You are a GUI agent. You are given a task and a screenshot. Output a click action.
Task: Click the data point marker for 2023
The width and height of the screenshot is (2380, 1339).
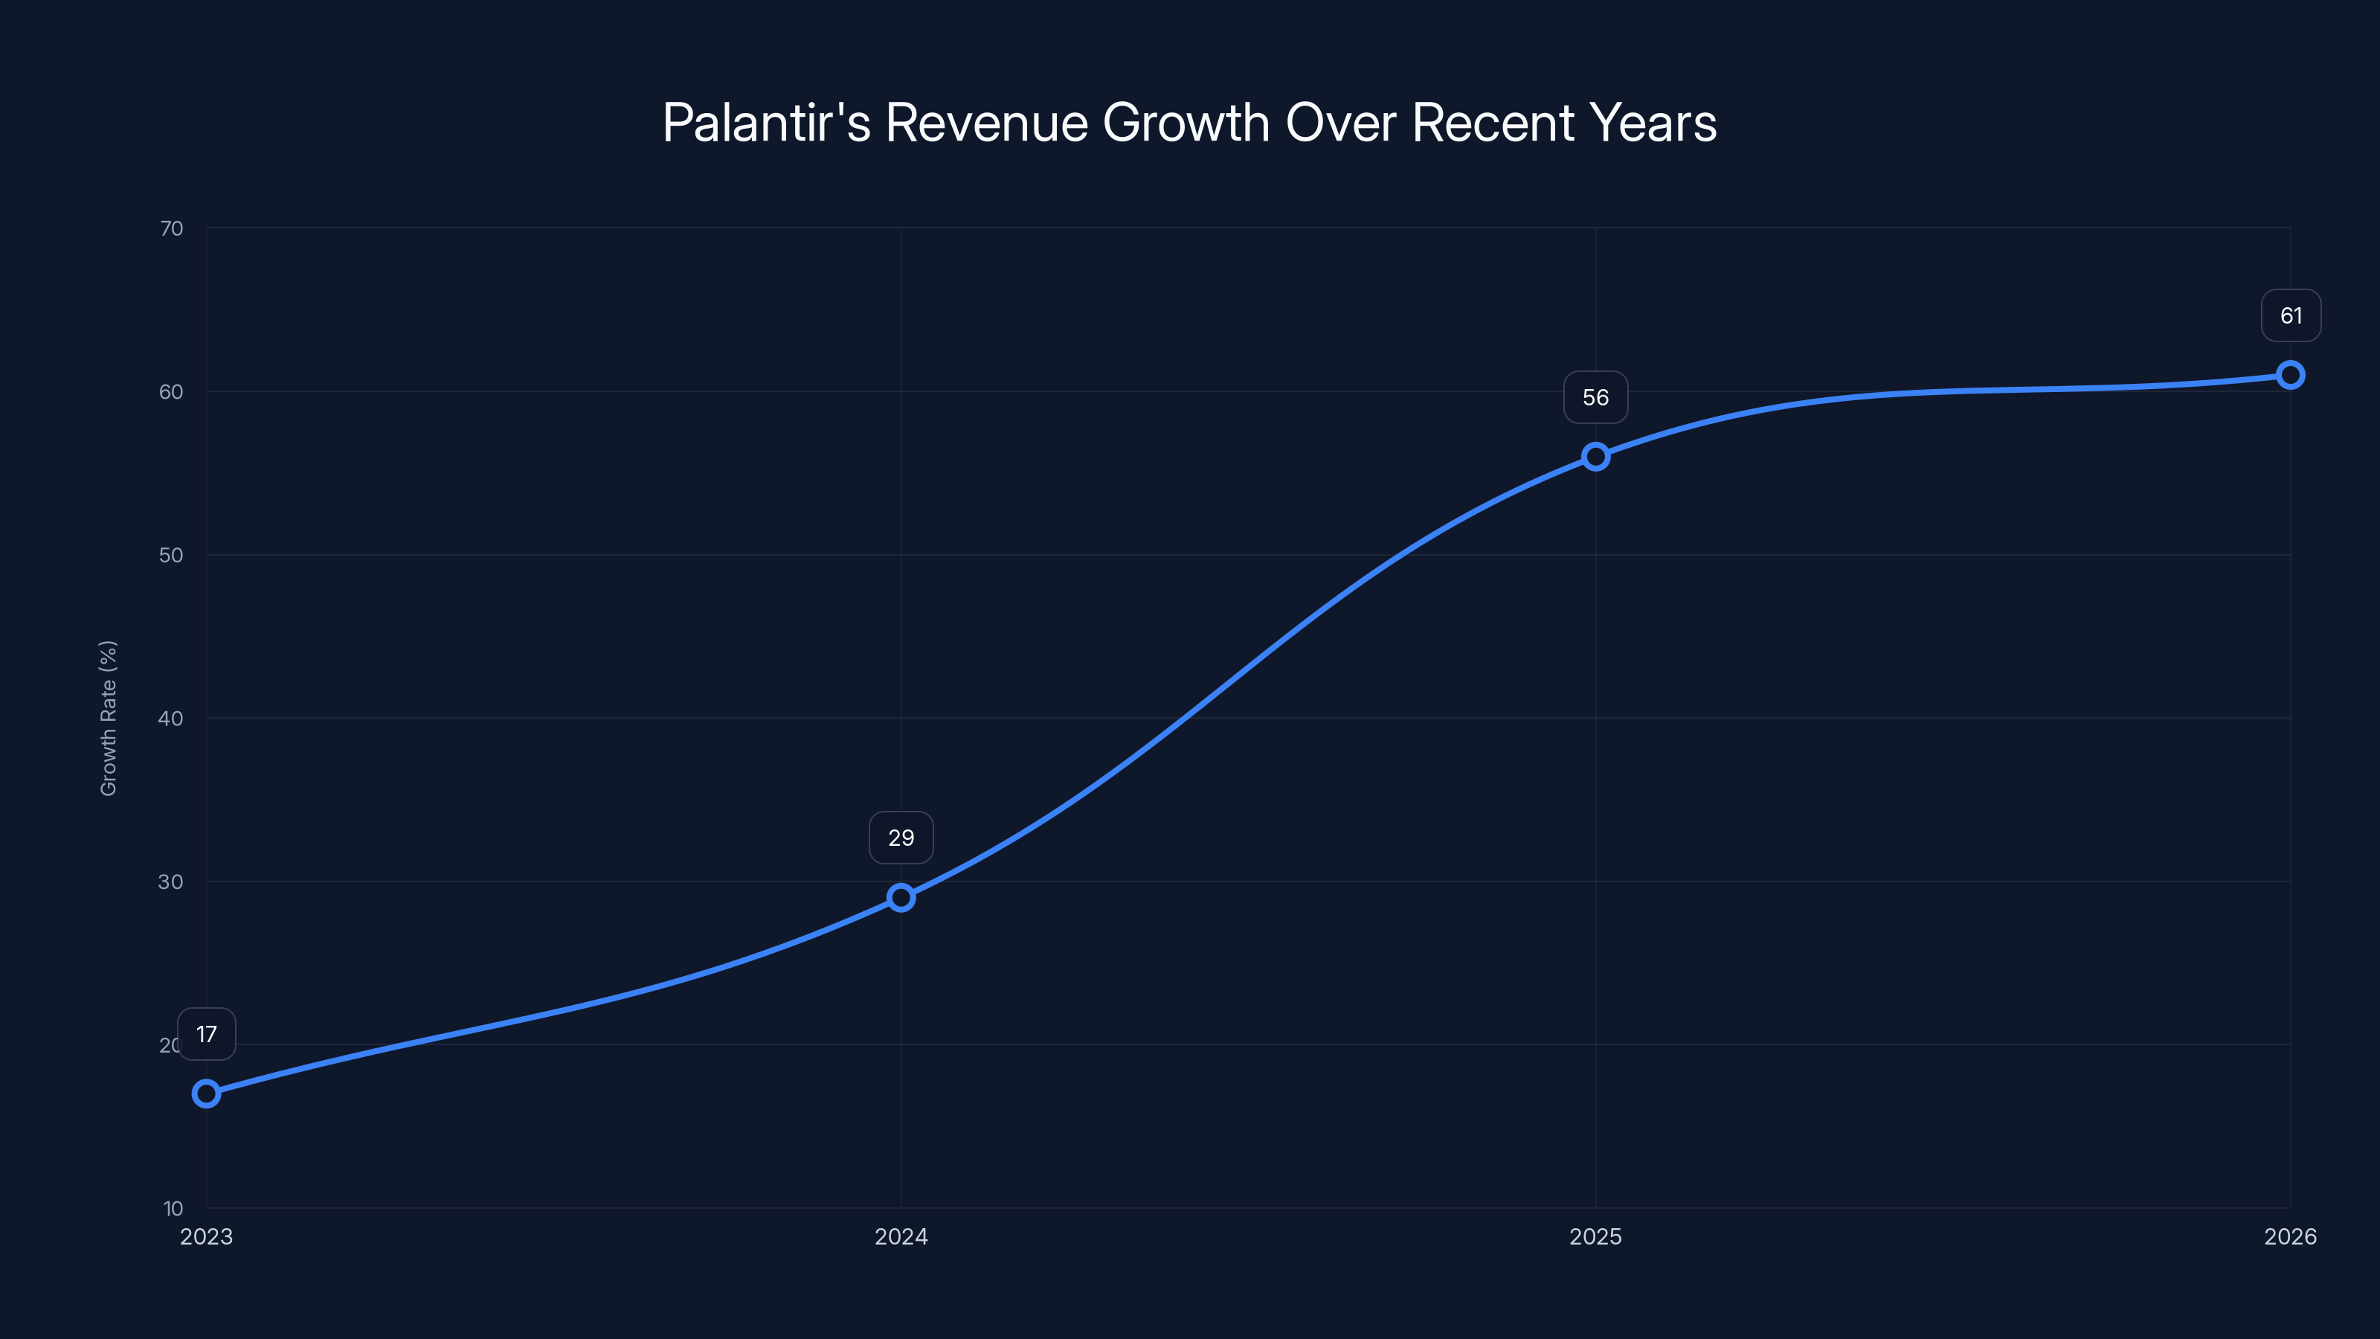[x=206, y=1094]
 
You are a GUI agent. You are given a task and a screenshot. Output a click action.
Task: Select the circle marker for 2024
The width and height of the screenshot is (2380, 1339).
[x=901, y=897]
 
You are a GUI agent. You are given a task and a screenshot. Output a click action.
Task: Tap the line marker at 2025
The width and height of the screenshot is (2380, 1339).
[x=1595, y=457]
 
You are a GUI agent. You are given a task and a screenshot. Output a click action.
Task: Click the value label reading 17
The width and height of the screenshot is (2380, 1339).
[x=206, y=1034]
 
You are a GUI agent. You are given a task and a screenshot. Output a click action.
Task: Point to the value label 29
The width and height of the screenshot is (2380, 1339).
[x=901, y=838]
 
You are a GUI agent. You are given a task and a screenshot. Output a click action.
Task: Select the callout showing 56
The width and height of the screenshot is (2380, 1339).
[x=1595, y=397]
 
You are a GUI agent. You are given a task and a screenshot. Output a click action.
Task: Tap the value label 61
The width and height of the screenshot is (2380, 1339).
[x=2291, y=316]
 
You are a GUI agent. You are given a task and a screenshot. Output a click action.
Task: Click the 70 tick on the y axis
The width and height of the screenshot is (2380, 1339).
[x=171, y=228]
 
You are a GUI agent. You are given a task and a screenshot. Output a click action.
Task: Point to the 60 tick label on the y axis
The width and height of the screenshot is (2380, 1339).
[x=171, y=392]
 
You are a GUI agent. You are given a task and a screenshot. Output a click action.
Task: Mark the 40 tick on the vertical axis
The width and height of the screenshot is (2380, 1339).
[x=171, y=718]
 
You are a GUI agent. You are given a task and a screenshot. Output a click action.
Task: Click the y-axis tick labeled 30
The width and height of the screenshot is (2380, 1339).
[x=171, y=882]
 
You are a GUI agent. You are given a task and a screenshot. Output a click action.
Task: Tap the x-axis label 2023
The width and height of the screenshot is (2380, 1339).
[x=206, y=1236]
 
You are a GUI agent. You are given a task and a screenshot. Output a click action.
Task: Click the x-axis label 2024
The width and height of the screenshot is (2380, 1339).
[x=901, y=1236]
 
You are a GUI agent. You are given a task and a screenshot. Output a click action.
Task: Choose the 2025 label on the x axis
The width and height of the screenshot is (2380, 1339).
[x=1595, y=1236]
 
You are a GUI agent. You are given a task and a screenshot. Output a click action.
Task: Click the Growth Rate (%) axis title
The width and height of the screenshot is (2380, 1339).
[x=108, y=718]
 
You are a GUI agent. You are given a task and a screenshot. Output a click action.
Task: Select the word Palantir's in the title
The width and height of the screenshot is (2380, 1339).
[x=766, y=123]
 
